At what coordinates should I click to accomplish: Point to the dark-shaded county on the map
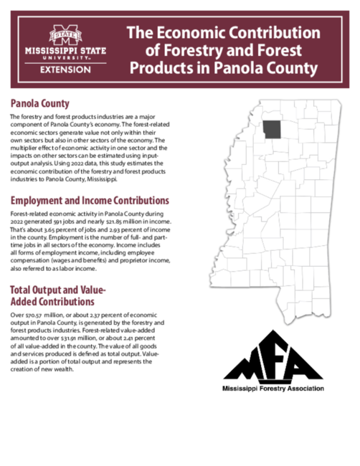272,129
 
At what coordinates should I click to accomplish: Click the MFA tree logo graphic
273,356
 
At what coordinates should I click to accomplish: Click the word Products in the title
160,68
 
